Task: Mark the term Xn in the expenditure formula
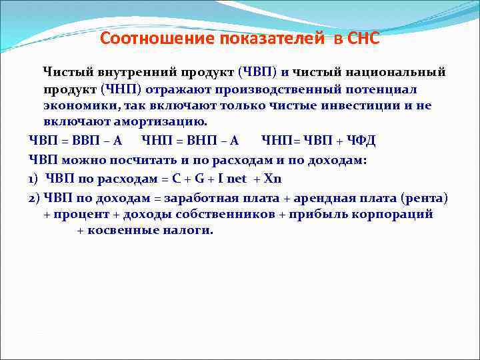pos(273,179)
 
